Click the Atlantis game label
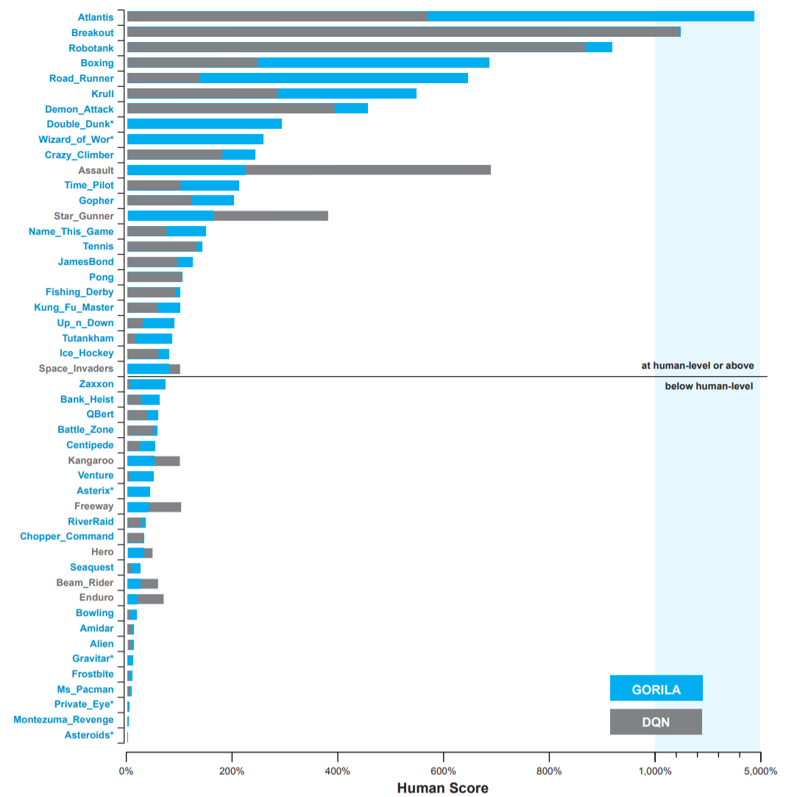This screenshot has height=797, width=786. click(96, 17)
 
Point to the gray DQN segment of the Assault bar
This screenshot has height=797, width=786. click(368, 170)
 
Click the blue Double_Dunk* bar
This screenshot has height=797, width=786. click(205, 124)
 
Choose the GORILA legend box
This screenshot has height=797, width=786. click(656, 689)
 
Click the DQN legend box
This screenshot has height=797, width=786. click(656, 722)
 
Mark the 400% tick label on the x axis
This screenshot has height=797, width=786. click(337, 771)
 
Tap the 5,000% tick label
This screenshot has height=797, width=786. click(760, 771)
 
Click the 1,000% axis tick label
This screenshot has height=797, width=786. click(654, 771)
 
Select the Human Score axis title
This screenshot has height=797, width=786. click(442, 788)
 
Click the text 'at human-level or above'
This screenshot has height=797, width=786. click(697, 366)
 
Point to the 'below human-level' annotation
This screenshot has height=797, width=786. click(709, 386)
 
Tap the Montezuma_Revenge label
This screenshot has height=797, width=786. click(63, 720)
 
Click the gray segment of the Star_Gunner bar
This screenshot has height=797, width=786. click(270, 216)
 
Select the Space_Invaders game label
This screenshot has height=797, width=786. click(77, 369)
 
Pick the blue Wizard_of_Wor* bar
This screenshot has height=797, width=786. click(195, 139)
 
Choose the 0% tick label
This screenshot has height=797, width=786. click(126, 771)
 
